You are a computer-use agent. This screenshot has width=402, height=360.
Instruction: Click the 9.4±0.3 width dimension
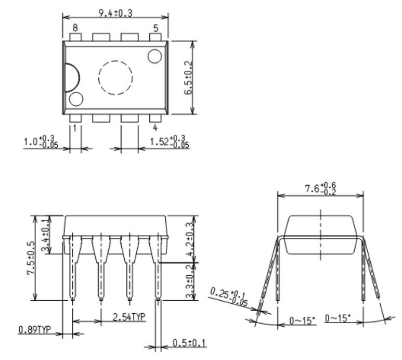pos(115,13)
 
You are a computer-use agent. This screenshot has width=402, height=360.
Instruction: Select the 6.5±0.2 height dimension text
pos(190,78)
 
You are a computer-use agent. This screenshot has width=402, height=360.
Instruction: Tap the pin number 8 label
pos(75,28)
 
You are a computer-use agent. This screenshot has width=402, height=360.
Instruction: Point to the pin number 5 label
pos(155,28)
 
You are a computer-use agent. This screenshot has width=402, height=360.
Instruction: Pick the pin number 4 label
pos(155,127)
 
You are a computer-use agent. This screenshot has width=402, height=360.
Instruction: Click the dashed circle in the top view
pos(115,78)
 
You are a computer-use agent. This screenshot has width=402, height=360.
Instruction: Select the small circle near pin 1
pos(76,99)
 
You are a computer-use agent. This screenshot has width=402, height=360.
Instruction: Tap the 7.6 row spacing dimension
pos(320,188)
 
